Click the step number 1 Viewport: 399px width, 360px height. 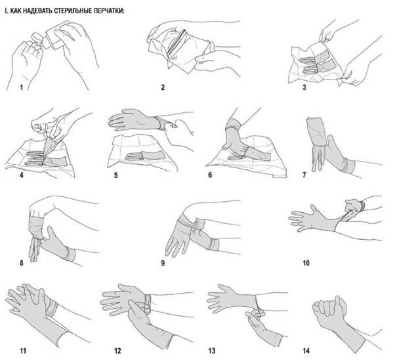click(x=22, y=87)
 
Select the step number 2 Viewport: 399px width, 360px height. click(x=163, y=87)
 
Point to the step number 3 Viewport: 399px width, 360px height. click(x=304, y=87)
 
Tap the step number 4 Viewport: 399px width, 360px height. click(x=22, y=175)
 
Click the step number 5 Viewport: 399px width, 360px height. click(x=115, y=175)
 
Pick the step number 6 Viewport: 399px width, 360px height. click(x=210, y=175)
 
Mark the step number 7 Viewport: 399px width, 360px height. click(x=304, y=175)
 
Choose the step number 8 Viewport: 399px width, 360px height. click(x=22, y=263)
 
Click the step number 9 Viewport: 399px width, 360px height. click(x=163, y=263)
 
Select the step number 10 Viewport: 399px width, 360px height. click(x=306, y=263)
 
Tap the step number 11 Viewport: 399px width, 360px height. click(x=23, y=351)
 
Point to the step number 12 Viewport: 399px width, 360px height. click(x=117, y=351)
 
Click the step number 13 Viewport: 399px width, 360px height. click(x=212, y=351)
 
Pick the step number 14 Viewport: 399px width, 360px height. click(x=306, y=351)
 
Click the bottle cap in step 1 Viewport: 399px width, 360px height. click(x=37, y=37)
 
